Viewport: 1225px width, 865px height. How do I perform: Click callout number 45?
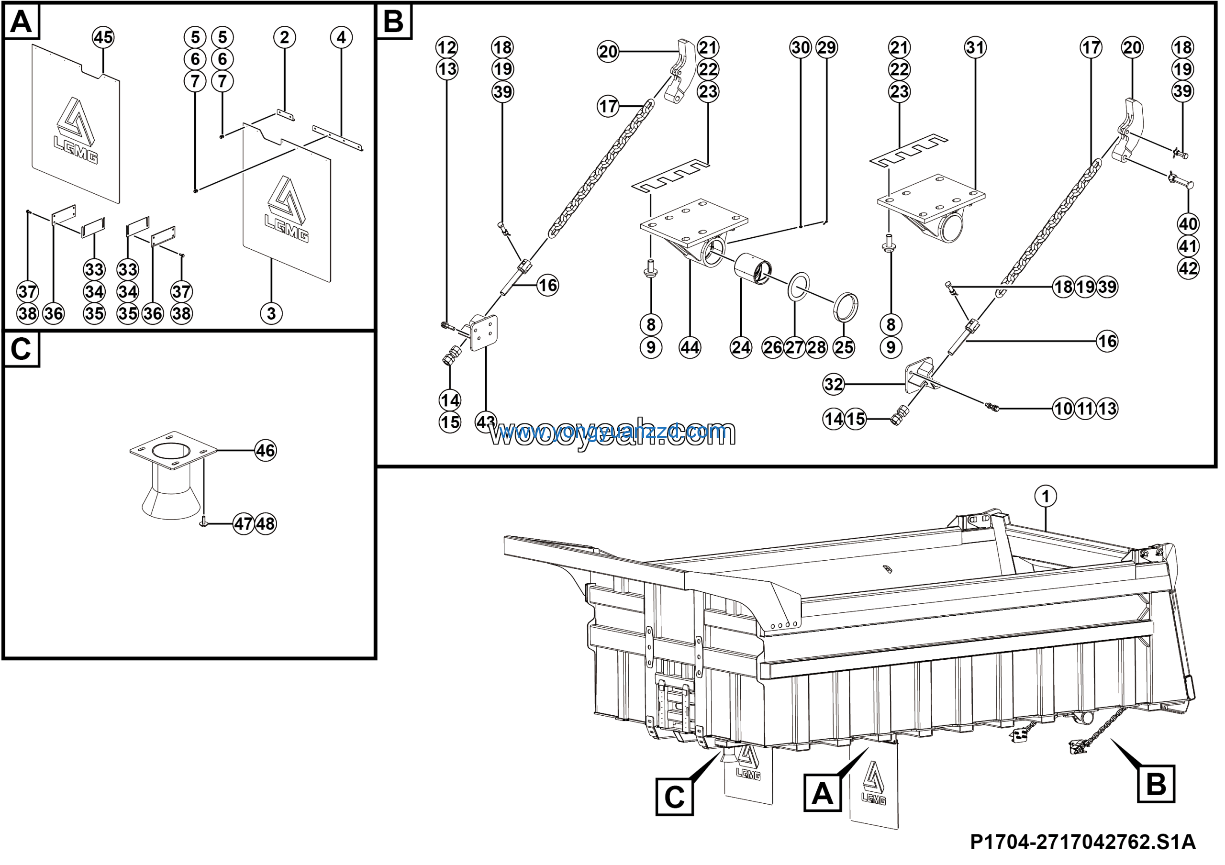click(x=103, y=37)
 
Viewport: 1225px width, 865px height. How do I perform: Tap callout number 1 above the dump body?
click(x=1045, y=497)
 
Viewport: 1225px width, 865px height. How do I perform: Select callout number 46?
click(x=266, y=451)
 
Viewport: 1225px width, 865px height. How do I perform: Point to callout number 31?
click(x=975, y=47)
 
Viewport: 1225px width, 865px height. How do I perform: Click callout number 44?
click(x=690, y=348)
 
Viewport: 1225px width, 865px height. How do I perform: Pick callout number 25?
click(x=844, y=348)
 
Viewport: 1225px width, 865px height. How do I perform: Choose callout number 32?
click(x=834, y=384)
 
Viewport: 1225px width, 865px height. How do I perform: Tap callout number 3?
click(x=271, y=313)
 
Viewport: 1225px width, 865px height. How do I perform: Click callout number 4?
click(x=342, y=37)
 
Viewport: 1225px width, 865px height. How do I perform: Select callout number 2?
click(x=284, y=37)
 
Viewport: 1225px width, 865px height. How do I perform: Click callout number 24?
click(x=741, y=348)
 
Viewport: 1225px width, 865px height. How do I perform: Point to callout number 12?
click(x=446, y=47)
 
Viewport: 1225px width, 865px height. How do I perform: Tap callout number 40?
click(x=1188, y=224)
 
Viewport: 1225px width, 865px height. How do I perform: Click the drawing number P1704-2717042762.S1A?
click(x=1082, y=842)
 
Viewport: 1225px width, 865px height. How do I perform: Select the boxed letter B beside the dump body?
click(x=1156, y=784)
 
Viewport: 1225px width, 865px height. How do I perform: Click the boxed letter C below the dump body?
click(x=674, y=797)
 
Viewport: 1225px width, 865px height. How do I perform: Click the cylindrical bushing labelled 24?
click(x=752, y=269)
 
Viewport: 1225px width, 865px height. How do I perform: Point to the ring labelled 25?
click(x=846, y=307)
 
